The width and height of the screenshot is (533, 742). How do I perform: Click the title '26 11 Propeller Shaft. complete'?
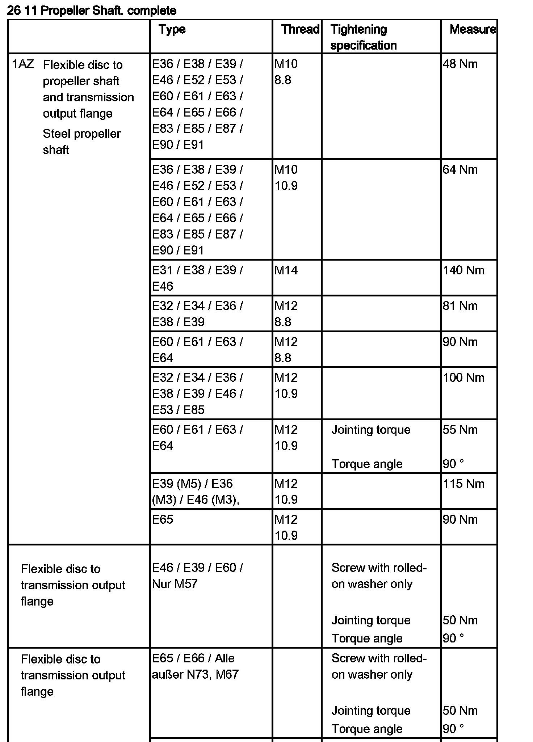(92, 10)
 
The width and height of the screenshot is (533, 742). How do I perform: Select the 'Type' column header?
(172, 29)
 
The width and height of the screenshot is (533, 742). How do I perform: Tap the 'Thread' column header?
(300, 29)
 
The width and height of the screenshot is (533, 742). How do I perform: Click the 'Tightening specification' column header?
(363, 37)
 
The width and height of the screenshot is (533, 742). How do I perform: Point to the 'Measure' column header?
(472, 29)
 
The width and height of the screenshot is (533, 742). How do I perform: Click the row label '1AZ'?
(23, 64)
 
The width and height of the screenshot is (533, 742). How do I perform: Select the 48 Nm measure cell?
(460, 64)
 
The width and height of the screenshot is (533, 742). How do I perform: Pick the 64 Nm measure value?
(460, 170)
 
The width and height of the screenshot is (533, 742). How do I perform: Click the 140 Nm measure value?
(463, 270)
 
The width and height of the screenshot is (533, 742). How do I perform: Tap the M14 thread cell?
(286, 270)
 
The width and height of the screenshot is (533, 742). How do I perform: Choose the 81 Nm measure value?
(460, 306)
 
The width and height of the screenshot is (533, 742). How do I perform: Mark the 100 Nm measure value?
(463, 378)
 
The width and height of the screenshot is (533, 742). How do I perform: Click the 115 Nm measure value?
(463, 484)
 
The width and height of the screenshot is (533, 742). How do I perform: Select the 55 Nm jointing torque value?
(460, 430)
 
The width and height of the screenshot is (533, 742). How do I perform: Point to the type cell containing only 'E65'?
(163, 519)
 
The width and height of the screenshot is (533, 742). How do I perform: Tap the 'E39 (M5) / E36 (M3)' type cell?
(196, 492)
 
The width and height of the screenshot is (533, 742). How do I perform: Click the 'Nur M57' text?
(175, 584)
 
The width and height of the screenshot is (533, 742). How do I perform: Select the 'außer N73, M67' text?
(195, 674)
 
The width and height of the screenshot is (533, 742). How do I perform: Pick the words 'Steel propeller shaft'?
(81, 142)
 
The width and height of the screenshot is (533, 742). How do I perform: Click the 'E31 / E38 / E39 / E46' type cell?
(197, 278)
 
